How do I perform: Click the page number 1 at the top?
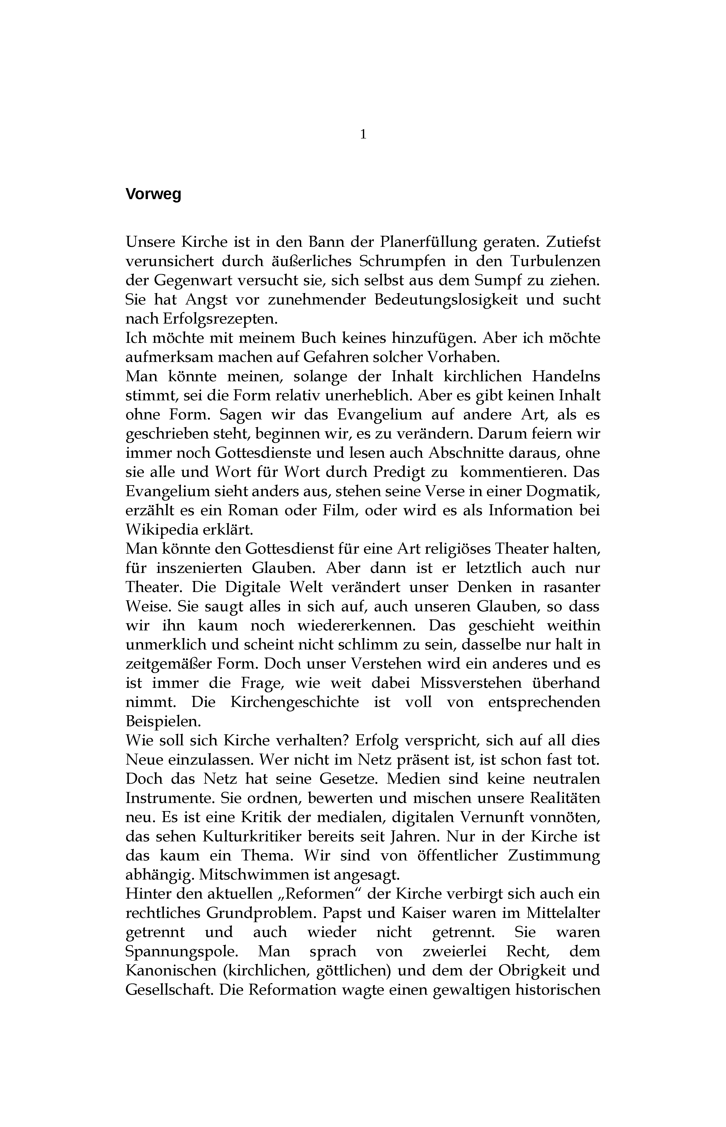[363, 135]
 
